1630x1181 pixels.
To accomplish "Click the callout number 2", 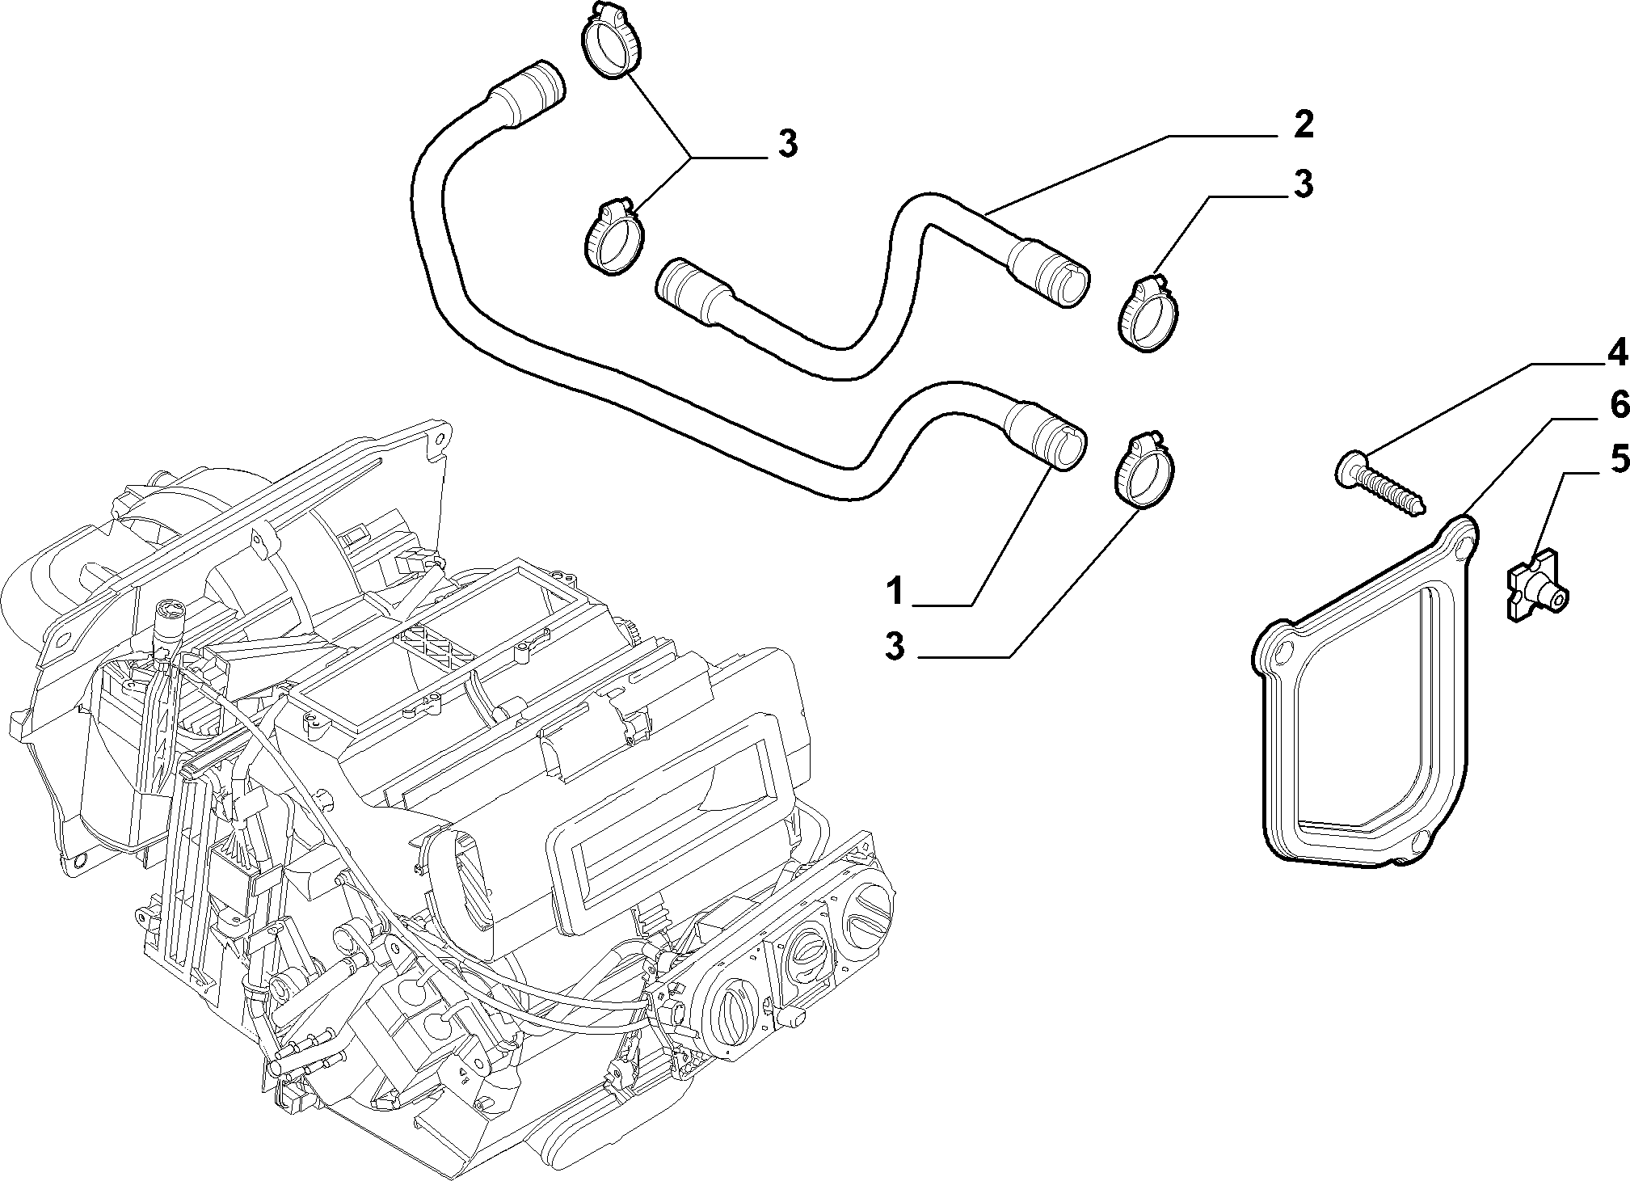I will tap(1302, 125).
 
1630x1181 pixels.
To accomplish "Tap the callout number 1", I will tap(895, 591).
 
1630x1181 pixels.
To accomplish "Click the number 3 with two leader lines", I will tap(786, 144).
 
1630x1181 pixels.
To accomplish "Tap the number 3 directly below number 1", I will tap(895, 647).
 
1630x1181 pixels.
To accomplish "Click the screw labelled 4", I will tap(1378, 486).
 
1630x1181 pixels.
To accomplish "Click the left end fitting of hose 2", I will tap(680, 291).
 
